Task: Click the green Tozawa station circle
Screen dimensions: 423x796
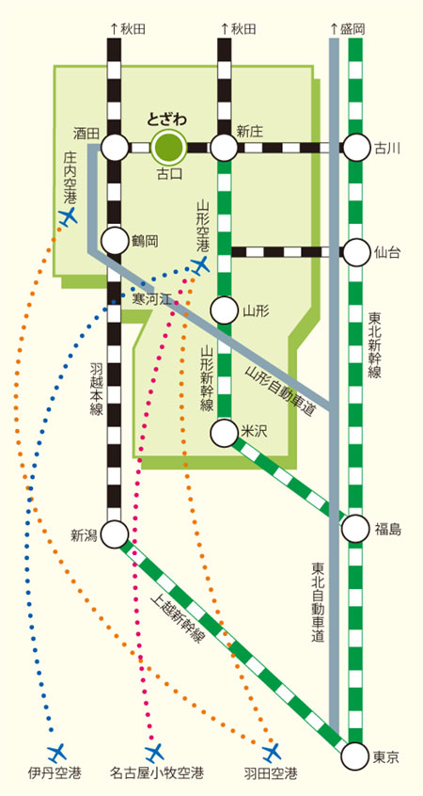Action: tap(170, 148)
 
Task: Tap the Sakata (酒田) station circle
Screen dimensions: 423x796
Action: tap(115, 148)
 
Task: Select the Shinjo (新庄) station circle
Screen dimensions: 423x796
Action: tap(224, 148)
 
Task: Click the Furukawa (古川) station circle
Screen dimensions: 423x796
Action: tap(356, 148)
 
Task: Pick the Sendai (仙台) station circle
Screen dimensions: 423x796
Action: tap(356, 252)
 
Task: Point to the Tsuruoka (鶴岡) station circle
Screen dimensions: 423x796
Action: tap(115, 241)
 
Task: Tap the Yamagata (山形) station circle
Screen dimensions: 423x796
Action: tap(224, 310)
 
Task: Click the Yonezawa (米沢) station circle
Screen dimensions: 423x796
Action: tap(224, 432)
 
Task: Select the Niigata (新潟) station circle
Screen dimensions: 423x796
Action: tap(115, 533)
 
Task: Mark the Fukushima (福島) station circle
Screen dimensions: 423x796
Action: tap(356, 529)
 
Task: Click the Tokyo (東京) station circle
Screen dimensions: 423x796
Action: tap(356, 756)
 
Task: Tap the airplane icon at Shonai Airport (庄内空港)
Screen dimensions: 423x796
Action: tap(67, 217)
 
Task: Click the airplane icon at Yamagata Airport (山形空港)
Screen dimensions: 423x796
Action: tap(200, 264)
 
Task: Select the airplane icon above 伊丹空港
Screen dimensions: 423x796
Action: tap(56, 752)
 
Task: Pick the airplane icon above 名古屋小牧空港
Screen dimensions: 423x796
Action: tap(154, 752)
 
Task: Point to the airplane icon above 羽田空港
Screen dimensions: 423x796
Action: tap(272, 752)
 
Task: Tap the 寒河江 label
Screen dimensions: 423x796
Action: tap(150, 299)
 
